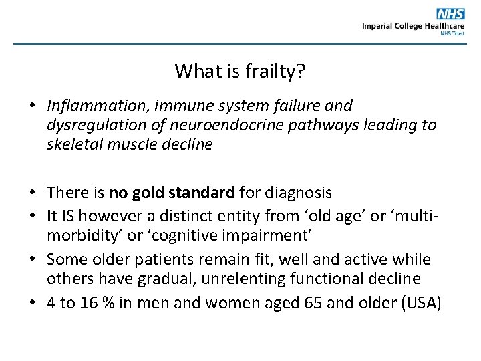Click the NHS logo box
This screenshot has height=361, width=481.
click(x=450, y=14)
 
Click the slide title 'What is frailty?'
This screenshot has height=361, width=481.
click(x=240, y=70)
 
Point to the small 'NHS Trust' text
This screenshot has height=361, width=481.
click(x=452, y=33)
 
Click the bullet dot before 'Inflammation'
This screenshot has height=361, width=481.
click(x=31, y=106)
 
